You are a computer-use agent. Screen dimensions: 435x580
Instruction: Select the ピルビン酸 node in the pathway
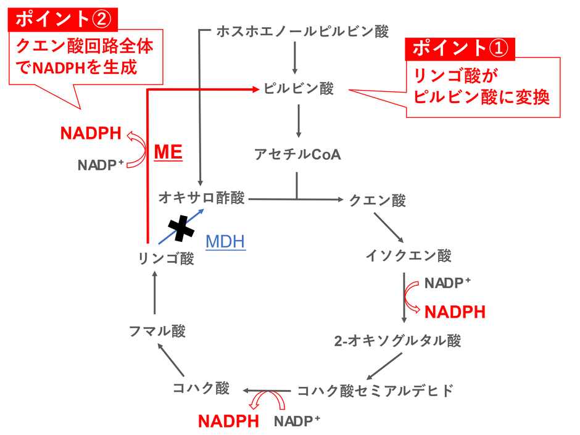(x=299, y=89)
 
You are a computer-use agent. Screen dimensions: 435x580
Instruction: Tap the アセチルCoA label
(x=298, y=154)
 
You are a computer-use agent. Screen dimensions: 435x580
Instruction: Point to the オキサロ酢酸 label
(x=202, y=198)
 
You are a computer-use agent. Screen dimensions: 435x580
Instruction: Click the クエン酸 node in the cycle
(x=378, y=200)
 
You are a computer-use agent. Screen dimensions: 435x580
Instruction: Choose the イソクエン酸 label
(x=408, y=255)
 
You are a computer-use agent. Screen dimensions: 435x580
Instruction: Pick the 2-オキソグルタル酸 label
(x=397, y=340)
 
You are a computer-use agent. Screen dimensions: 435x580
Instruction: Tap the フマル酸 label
(x=157, y=331)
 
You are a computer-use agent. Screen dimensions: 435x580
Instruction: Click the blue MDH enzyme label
(x=225, y=241)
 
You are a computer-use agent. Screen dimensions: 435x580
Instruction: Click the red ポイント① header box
(x=460, y=49)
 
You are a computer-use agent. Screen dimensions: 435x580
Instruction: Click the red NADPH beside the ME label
(x=91, y=133)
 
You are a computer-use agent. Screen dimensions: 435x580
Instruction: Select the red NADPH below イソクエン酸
(x=455, y=312)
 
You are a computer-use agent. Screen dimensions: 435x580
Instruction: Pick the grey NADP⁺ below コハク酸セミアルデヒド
(x=297, y=422)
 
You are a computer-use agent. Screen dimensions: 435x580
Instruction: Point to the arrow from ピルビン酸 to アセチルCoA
(x=299, y=121)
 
